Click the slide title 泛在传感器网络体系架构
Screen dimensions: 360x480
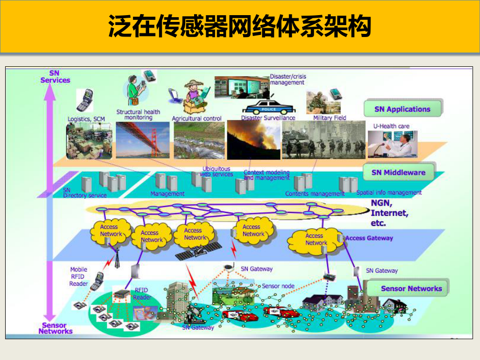[239, 26]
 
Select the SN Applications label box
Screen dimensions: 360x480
[402, 109]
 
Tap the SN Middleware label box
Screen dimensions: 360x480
[398, 172]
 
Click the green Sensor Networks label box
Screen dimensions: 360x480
[411, 288]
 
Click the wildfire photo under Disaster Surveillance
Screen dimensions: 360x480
[253, 140]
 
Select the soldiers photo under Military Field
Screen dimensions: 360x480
[323, 139]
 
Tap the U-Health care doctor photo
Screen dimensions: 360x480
[392, 143]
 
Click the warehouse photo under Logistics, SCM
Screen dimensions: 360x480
[89, 140]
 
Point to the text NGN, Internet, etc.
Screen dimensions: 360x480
[389, 213]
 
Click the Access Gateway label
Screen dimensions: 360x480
[369, 238]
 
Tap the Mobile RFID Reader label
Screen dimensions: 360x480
[79, 277]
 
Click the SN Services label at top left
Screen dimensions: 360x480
[55, 77]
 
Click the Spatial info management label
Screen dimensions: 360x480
[389, 193]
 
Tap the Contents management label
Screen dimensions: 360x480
[315, 194]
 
